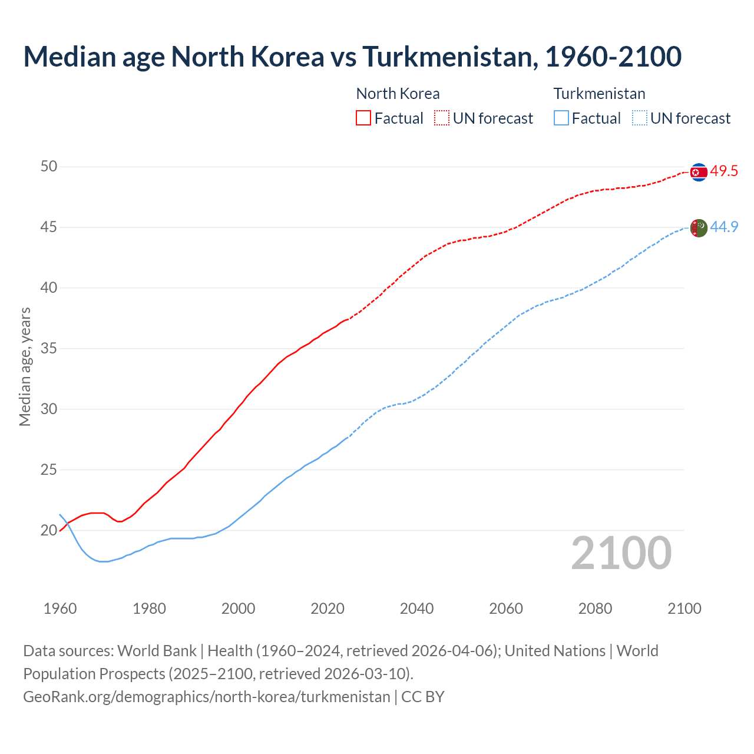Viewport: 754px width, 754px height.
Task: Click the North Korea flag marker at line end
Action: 698,172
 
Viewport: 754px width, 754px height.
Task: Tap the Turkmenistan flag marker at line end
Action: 698,227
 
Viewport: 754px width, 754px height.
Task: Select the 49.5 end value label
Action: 724,171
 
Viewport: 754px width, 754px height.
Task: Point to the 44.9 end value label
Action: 724,227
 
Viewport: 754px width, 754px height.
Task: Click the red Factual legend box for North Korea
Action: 363,118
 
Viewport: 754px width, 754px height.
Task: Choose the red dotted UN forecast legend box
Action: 442,118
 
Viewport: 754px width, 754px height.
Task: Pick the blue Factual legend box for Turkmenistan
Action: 561,118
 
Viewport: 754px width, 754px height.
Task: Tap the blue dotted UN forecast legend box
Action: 639,118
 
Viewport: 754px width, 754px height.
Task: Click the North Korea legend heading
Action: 398,94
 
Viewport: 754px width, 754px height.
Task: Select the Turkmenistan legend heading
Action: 599,94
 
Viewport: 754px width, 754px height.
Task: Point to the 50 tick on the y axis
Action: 49,167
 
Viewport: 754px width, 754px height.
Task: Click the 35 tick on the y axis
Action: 49,349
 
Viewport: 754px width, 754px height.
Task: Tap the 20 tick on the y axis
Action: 49,531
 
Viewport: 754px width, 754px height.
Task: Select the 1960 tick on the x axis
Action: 60,609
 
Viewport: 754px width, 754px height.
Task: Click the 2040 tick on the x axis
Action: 416,609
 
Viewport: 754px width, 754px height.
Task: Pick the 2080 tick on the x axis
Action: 595,609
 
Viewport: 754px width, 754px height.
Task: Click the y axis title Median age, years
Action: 25,366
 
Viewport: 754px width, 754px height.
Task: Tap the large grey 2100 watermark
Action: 621,553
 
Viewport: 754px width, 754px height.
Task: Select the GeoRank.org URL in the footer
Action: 206,697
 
